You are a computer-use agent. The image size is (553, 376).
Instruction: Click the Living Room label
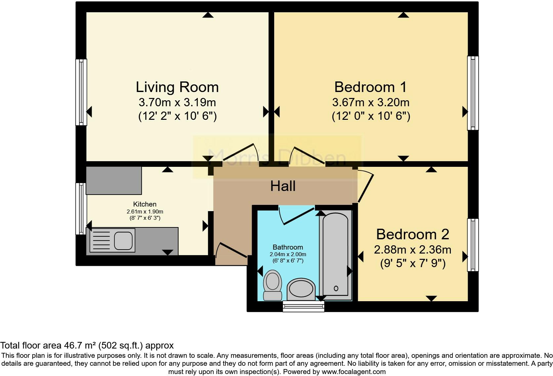coord(177,87)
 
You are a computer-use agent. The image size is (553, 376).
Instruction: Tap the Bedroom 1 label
coord(370,87)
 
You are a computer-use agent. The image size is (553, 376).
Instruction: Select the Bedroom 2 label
coord(412,235)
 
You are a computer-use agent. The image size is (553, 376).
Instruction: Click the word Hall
coord(283,186)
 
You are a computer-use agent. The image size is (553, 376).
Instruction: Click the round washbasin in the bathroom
coord(301,288)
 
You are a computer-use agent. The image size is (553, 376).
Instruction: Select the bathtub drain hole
coord(336,288)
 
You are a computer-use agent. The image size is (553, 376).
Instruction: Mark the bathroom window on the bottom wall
coord(304,306)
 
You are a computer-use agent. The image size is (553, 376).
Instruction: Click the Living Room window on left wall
coord(81,92)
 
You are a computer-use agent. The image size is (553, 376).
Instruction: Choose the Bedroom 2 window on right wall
coord(473,245)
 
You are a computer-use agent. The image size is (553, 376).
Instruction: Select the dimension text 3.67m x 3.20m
coord(370,103)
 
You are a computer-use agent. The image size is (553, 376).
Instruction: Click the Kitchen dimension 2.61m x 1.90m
coord(145,211)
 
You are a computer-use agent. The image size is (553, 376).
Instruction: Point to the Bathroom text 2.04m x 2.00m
coord(288,255)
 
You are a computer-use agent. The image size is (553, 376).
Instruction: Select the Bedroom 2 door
coord(366,187)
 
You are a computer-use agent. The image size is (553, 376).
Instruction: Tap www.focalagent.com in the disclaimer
coord(354,372)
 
